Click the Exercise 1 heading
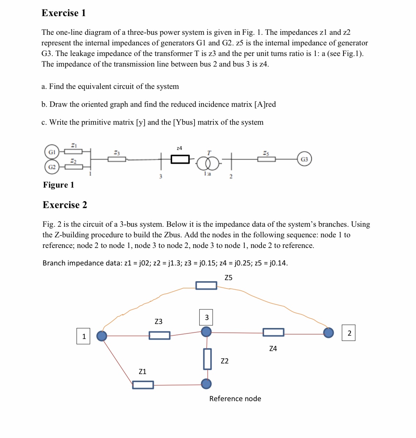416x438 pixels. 64,13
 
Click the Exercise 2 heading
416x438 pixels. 65,205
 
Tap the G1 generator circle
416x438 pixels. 52,151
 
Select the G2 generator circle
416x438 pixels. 52,167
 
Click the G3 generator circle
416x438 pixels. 304,159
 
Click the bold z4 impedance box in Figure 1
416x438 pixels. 180,159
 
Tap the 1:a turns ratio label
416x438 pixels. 207,174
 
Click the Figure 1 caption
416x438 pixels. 59,185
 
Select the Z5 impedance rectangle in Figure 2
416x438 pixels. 206,285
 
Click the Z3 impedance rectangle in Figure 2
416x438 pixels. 159,335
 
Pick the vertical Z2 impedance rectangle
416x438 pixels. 207,359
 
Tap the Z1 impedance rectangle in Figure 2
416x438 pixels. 143,385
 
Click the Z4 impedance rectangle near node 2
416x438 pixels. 273,332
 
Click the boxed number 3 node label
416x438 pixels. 206,317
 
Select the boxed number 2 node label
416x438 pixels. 349,333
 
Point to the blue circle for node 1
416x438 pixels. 101,336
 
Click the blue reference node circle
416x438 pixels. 206,384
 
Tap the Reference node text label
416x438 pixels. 235,399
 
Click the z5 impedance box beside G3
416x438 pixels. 266,159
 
